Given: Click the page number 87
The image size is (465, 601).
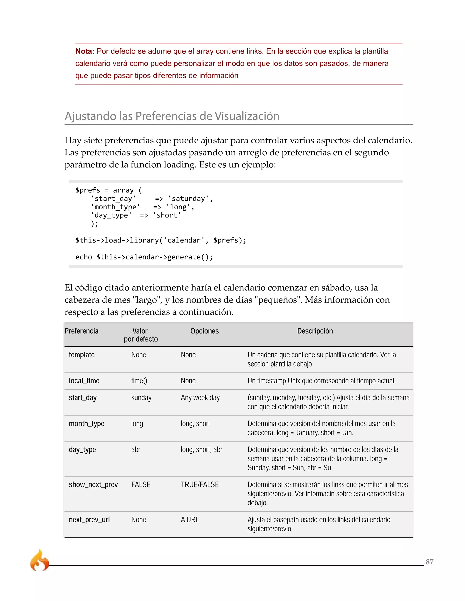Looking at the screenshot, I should tap(429, 562).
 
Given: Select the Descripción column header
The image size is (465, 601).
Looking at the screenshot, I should tap(315, 331).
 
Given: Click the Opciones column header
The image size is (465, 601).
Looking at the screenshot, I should tap(204, 331).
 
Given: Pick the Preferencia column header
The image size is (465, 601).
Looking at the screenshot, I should tap(82, 331).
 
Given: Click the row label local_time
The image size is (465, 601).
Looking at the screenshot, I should tap(84, 381).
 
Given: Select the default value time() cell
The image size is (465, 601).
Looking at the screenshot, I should tap(139, 381).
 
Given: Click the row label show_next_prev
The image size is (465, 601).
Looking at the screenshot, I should tap(93, 485).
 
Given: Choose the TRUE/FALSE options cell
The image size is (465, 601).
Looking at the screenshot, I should tap(200, 485).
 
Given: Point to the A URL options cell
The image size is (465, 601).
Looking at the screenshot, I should tap(190, 520).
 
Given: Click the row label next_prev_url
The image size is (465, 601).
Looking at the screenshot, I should tap(89, 520).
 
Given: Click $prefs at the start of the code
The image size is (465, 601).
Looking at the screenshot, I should tap(88, 190).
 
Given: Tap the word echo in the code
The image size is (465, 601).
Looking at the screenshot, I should tap(84, 257).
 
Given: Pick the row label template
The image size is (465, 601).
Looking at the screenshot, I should tap(82, 355).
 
